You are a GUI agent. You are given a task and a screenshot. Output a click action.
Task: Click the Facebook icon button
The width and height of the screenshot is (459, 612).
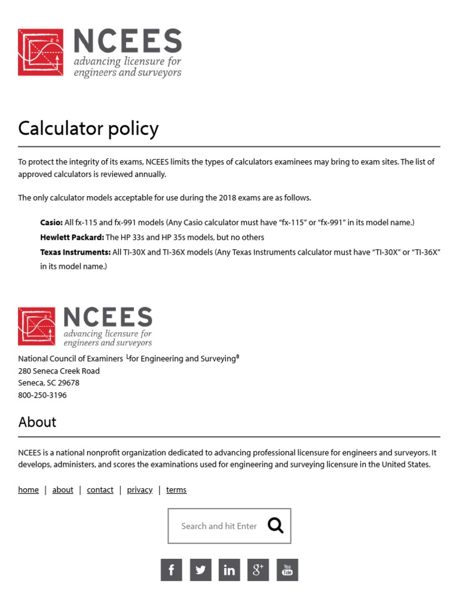(x=171, y=570)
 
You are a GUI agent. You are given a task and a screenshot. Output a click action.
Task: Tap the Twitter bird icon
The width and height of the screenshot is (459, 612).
(x=200, y=570)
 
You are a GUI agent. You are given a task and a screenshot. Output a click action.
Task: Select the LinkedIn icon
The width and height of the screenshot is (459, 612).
(x=229, y=570)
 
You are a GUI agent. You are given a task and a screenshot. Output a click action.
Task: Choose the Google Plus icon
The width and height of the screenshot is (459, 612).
(x=258, y=570)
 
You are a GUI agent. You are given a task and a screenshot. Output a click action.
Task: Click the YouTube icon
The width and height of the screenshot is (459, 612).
(x=287, y=570)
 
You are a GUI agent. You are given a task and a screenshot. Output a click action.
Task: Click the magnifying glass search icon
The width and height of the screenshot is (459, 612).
(x=276, y=525)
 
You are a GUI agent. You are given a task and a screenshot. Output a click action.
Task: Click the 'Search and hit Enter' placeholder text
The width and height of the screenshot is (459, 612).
(x=219, y=526)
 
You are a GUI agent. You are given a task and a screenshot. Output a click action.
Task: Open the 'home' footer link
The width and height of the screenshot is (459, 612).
(x=28, y=489)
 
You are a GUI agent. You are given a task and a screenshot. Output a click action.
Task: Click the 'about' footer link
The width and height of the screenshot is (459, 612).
(x=63, y=489)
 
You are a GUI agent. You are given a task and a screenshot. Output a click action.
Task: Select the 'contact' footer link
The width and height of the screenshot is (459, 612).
(x=100, y=489)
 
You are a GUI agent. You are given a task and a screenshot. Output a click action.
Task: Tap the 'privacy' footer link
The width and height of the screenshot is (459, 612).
(x=140, y=489)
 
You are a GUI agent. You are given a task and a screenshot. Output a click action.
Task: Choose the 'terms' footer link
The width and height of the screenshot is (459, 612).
(x=176, y=489)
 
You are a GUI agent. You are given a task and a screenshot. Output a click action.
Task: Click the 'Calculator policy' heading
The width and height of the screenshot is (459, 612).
(x=88, y=128)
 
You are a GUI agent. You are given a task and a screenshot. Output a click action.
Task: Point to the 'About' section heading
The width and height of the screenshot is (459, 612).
(x=37, y=422)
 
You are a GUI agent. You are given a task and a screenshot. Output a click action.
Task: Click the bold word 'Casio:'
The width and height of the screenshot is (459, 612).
(x=51, y=222)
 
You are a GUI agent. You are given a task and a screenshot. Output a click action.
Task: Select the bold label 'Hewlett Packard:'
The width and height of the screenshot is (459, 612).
(x=72, y=237)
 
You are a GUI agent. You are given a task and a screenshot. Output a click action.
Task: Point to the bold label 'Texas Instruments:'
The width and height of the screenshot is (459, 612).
(x=75, y=252)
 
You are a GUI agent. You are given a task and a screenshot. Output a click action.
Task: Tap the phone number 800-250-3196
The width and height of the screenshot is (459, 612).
(x=42, y=395)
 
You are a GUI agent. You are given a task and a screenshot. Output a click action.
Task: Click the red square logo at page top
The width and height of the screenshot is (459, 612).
(x=41, y=52)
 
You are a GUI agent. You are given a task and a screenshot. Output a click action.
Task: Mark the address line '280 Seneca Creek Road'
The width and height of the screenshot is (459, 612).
(x=59, y=371)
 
